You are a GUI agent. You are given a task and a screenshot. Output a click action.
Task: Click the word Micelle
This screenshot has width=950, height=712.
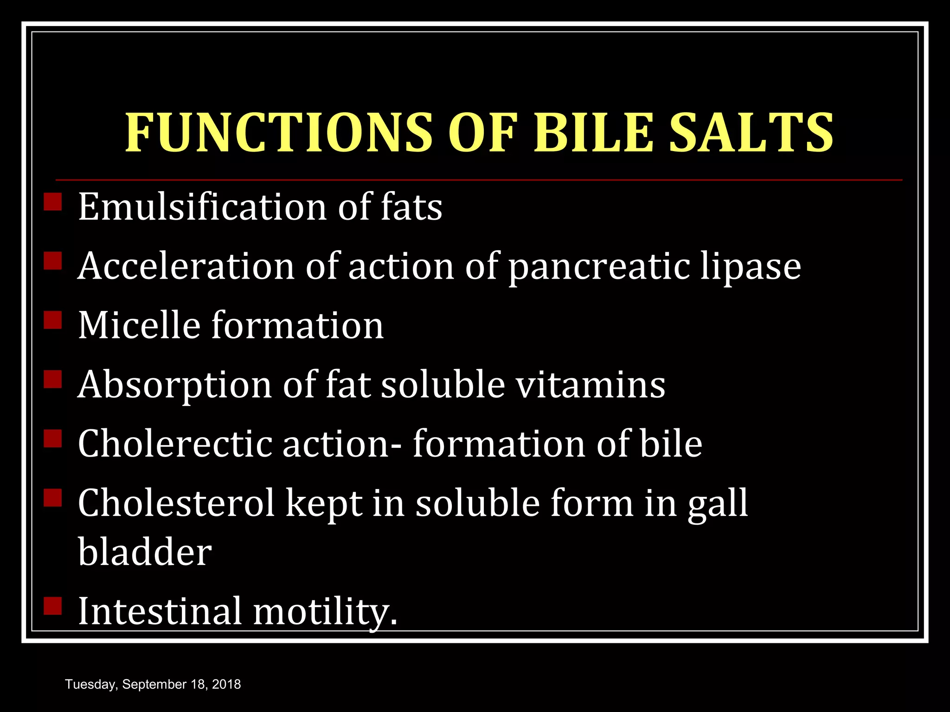(139, 325)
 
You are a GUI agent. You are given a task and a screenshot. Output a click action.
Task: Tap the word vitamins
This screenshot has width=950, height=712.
(591, 385)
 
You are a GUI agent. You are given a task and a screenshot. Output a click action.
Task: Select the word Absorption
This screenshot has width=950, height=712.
(174, 386)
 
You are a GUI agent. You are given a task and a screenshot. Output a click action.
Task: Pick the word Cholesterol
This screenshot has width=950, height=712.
(176, 503)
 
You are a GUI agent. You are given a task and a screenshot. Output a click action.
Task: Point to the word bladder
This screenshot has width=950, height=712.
(145, 553)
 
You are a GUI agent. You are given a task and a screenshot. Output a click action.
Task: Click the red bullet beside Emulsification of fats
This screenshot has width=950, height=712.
(53, 202)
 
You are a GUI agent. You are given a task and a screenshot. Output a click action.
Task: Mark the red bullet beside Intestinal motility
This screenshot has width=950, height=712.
(53, 605)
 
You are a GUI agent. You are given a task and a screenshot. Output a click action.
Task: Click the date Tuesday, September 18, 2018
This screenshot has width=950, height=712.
(153, 684)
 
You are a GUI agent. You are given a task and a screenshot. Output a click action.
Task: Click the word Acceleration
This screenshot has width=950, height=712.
(186, 267)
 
